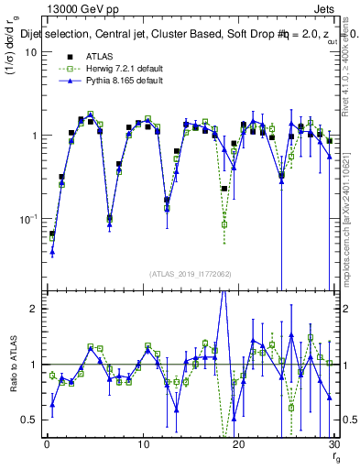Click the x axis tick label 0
pos(47,442)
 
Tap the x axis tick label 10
pos(142,442)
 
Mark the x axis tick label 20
pos(238,442)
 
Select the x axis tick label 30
pos(333,442)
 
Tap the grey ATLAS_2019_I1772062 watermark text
pos(191,273)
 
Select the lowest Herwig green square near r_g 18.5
pos(224,224)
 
